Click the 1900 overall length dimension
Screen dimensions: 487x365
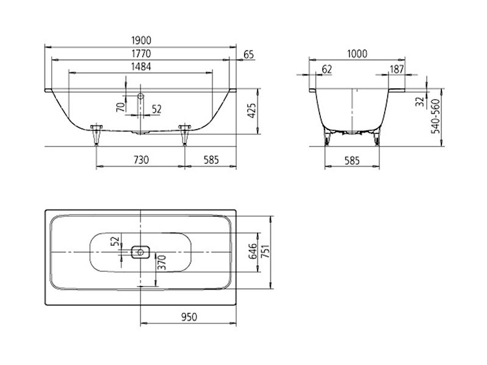pyautogui.click(x=141, y=40)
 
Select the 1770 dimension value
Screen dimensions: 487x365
pyautogui.click(x=141, y=54)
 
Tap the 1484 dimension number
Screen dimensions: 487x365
pyautogui.click(x=141, y=67)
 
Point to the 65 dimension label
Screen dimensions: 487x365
pyautogui.click(x=249, y=55)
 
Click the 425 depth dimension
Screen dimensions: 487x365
pyautogui.click(x=252, y=111)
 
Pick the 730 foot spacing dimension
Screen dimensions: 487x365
pyautogui.click(x=141, y=160)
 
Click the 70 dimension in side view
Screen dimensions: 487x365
pyautogui.click(x=121, y=107)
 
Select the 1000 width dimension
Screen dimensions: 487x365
pyautogui.click(x=357, y=54)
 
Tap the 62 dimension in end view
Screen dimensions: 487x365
pyautogui.click(x=327, y=69)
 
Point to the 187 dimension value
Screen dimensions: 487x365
pyautogui.click(x=397, y=69)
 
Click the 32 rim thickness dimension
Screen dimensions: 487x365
pyautogui.click(x=420, y=101)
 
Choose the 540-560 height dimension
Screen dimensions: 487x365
pyautogui.click(x=436, y=116)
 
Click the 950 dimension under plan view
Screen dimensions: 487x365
pyautogui.click(x=189, y=317)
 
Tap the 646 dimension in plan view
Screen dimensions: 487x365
pyautogui.click(x=253, y=251)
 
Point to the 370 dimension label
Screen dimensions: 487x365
pyautogui.click(x=162, y=263)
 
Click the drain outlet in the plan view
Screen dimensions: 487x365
pyautogui.click(x=141, y=252)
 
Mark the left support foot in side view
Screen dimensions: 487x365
pyautogui.click(x=96, y=134)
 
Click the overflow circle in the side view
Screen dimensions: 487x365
pyautogui.click(x=141, y=96)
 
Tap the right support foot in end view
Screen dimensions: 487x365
pyautogui.click(x=377, y=139)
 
